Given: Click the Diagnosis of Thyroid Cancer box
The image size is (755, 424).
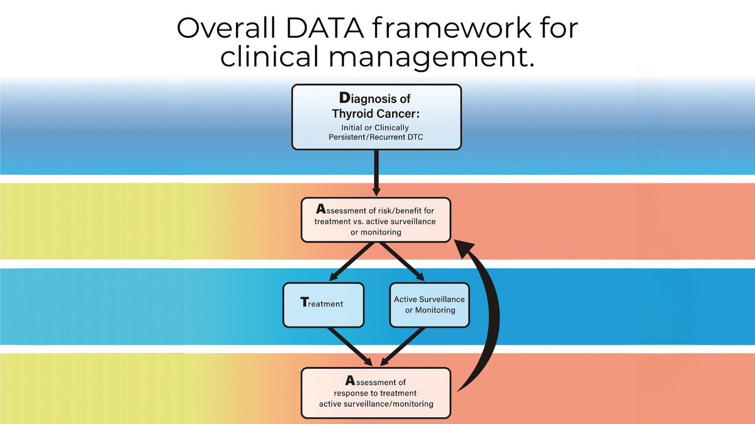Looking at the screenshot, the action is (x=376, y=117).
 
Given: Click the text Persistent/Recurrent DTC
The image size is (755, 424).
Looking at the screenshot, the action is (x=376, y=137).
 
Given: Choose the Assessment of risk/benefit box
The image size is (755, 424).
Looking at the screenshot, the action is (x=376, y=220).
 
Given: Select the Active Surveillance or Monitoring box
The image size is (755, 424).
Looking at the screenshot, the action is (x=430, y=304).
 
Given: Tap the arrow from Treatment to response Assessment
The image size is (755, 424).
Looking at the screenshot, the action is (x=346, y=346).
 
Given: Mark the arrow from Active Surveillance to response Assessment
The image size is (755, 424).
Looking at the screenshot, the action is (x=406, y=346).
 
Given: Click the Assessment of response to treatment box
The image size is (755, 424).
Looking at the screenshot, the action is (x=376, y=393).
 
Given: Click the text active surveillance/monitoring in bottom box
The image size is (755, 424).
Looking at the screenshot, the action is (x=376, y=404).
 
